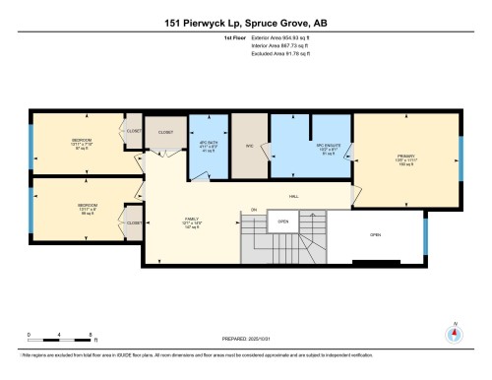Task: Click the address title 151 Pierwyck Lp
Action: click(245, 21)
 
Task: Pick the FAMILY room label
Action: click(192, 221)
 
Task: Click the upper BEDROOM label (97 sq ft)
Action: click(81, 143)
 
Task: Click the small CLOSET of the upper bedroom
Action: click(134, 130)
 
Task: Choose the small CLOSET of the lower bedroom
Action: click(134, 222)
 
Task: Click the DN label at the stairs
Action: click(254, 210)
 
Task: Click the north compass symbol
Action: click(454, 333)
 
